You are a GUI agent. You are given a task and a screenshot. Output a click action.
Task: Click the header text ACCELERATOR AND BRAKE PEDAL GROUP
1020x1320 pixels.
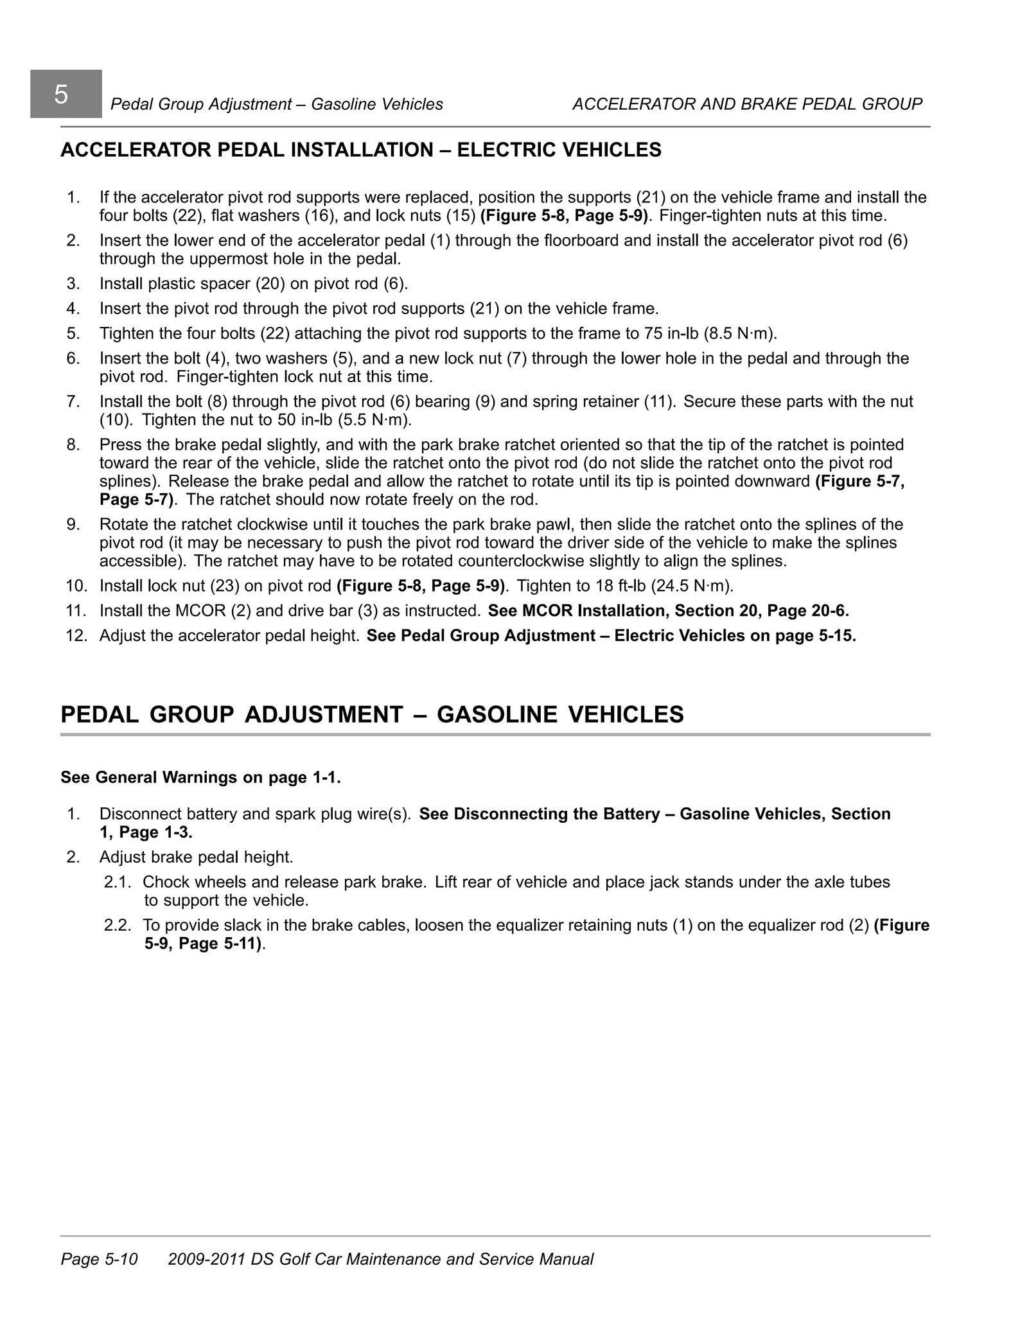click(x=747, y=104)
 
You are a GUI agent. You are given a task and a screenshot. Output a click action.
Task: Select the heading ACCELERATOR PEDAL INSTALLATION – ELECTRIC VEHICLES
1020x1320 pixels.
click(x=360, y=150)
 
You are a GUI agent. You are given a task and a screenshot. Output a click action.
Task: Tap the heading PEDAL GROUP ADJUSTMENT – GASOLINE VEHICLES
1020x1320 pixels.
click(x=372, y=714)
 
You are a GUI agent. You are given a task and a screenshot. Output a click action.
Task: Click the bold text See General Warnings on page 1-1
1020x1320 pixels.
click(x=200, y=777)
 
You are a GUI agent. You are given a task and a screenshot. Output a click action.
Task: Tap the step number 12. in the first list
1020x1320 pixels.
click(x=76, y=635)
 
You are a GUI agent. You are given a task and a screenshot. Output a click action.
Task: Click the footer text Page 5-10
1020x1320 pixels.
click(x=99, y=1259)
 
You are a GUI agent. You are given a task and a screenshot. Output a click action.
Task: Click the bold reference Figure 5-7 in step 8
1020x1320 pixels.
click(x=859, y=481)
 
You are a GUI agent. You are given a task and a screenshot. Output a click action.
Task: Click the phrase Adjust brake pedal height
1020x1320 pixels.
click(x=196, y=857)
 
